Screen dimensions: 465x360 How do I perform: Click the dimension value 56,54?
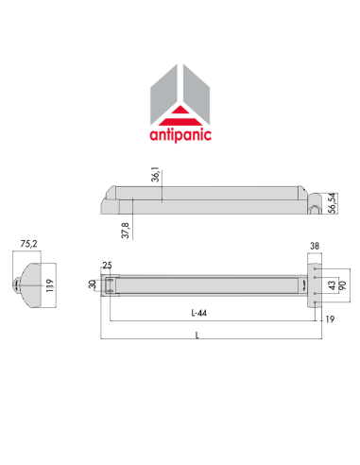[333, 202]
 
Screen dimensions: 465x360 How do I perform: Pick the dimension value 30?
[93, 284]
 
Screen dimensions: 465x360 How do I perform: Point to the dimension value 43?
[331, 284]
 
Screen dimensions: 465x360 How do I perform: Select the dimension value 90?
[342, 284]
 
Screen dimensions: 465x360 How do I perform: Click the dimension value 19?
[330, 319]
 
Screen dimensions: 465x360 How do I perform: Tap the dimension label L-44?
[197, 312]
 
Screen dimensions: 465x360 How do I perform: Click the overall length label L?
[197, 336]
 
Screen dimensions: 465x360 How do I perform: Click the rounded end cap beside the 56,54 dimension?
[313, 203]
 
